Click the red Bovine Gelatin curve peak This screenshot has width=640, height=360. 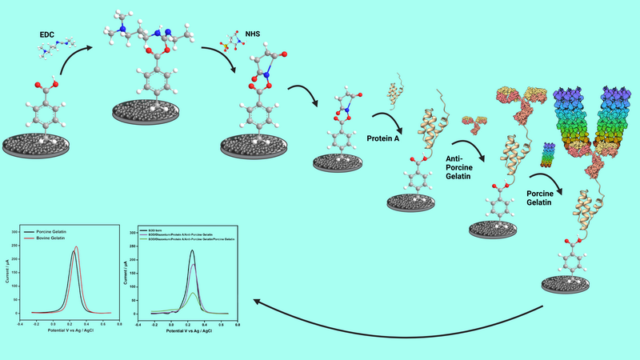point(77,247)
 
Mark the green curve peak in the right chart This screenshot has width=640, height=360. point(193,293)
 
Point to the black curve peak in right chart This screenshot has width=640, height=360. point(193,251)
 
